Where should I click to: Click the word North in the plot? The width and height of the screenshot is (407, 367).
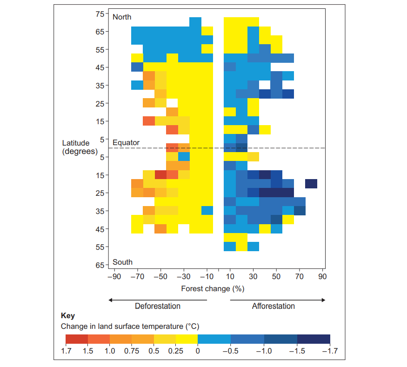point(122,17)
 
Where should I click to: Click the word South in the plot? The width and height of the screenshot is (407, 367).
point(122,262)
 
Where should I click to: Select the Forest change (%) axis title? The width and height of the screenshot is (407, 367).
point(213,288)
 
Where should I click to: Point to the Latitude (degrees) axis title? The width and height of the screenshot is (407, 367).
point(80,147)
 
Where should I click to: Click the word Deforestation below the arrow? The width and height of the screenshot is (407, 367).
point(158,306)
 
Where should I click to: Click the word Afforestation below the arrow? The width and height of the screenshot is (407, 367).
point(274,306)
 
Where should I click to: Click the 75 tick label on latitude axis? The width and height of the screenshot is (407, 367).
point(100,14)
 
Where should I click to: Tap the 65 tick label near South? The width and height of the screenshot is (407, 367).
point(100,265)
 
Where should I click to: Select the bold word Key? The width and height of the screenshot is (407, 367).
point(67,316)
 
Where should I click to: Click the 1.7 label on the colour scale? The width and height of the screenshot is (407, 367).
point(66,351)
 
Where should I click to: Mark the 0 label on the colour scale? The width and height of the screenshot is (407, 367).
point(198,351)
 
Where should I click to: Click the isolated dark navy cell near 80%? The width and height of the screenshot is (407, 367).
point(311,184)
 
